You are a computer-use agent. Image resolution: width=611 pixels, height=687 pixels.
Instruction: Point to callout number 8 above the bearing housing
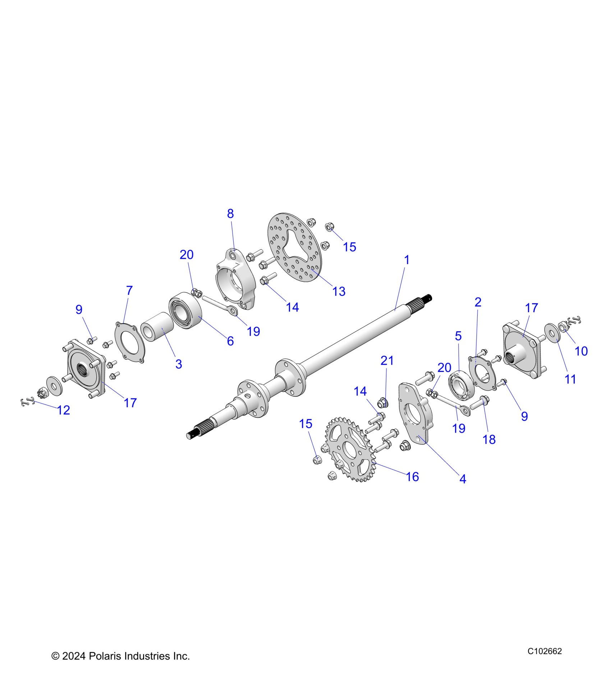pos(230,214)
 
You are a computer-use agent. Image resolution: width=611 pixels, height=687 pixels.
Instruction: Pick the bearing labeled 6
pos(184,308)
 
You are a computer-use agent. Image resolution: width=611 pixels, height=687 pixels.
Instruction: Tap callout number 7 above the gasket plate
pos(129,290)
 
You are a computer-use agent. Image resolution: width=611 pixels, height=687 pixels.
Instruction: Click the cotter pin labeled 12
pos(27,402)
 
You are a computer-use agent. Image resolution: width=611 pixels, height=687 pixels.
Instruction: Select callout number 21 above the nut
pos(387,360)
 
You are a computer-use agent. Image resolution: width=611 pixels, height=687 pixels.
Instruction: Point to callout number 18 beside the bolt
pos(489,439)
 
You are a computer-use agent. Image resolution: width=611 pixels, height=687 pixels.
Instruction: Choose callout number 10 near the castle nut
pos(581,351)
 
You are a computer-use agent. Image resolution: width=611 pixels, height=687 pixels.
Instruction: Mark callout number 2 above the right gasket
pos(478,302)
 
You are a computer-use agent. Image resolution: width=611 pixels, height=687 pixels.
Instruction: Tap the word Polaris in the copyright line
pos(105,656)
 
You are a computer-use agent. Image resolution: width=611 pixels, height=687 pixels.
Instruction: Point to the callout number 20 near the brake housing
pos(187,255)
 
